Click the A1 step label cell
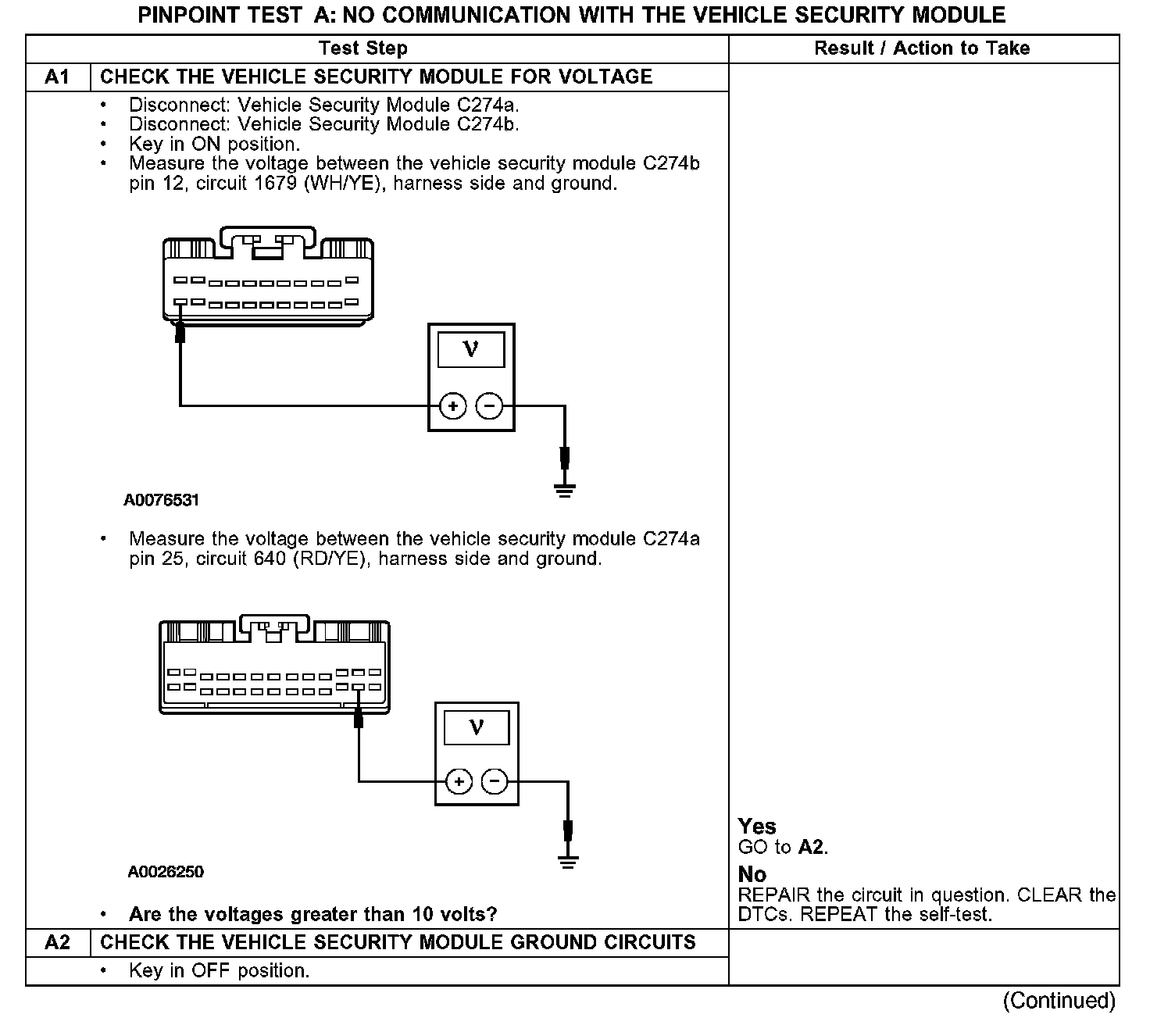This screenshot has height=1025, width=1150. [x=58, y=77]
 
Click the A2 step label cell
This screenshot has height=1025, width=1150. [x=58, y=942]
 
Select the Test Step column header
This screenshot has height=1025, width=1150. [x=363, y=48]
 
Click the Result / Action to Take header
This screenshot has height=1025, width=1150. [x=922, y=48]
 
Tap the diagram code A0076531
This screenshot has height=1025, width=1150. [x=162, y=500]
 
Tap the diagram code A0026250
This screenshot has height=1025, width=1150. [x=166, y=872]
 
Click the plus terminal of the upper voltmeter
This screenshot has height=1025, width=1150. [x=452, y=406]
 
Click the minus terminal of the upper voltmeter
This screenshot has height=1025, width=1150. [x=489, y=406]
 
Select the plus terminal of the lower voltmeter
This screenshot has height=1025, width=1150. [x=459, y=781]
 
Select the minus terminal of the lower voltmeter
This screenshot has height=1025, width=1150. [x=495, y=781]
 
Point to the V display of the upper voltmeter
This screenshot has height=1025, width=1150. [x=470, y=349]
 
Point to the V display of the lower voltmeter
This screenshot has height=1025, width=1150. [x=477, y=728]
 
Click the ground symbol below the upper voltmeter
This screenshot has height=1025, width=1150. [x=564, y=491]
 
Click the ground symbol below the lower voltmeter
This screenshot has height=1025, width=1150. [x=568, y=862]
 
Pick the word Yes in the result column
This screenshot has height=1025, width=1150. [x=757, y=827]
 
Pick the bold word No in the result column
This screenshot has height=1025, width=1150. [x=752, y=874]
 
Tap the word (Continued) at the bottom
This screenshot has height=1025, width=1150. [x=1059, y=1001]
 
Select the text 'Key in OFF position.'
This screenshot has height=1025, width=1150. [x=219, y=971]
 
